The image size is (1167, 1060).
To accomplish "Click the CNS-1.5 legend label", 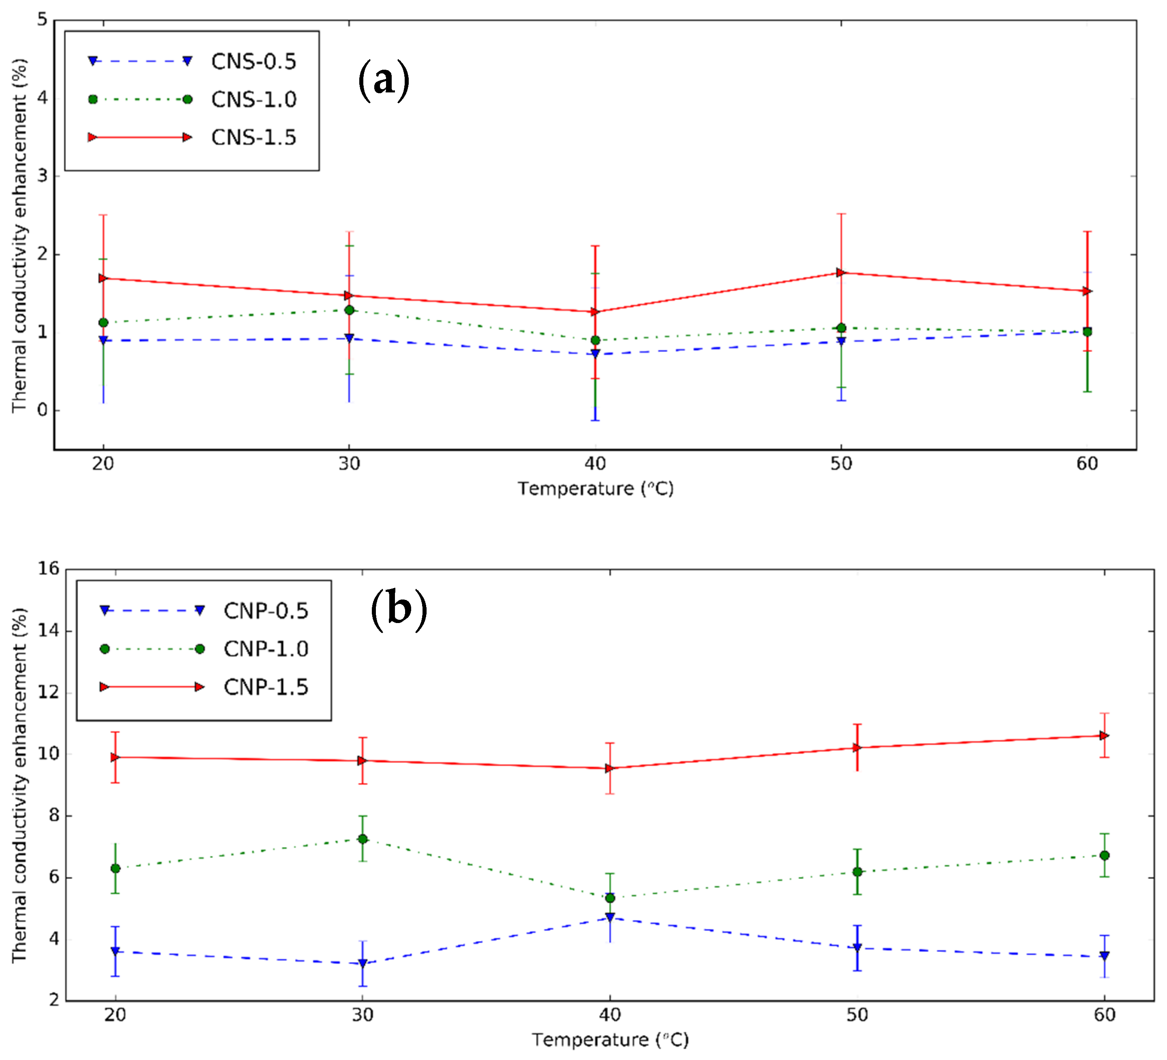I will tap(253, 138).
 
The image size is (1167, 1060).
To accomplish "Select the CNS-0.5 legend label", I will tap(253, 61).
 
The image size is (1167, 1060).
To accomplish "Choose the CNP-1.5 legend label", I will tap(266, 687).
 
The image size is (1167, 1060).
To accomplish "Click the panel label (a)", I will tap(384, 80).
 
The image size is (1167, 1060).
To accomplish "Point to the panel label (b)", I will tap(399, 609).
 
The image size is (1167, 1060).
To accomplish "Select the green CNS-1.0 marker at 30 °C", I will tap(349, 310).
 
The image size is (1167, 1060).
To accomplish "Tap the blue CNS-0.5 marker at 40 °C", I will tap(595, 353).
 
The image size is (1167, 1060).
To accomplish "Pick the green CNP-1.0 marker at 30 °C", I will tap(363, 839).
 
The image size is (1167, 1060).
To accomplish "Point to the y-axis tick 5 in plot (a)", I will tap(42, 20).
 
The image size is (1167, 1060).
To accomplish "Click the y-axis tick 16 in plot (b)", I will tap(49, 569).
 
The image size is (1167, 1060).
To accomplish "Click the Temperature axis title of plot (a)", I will tap(595, 489).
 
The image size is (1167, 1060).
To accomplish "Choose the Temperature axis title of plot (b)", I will tap(610, 1040).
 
